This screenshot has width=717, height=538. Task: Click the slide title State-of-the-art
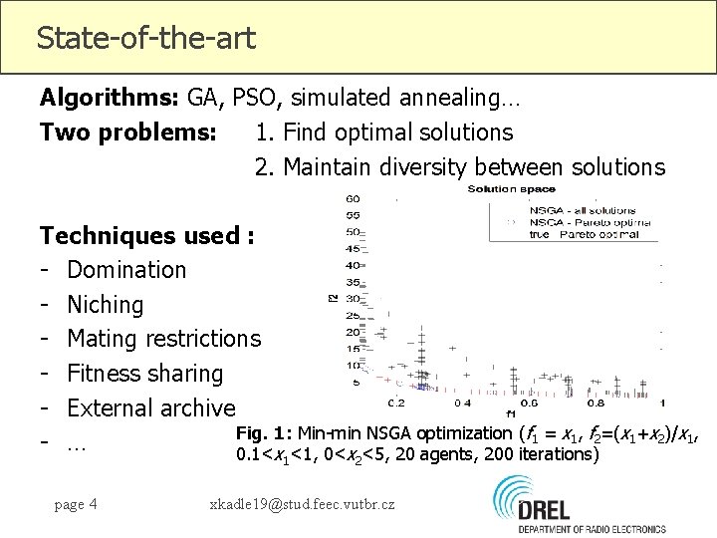coord(145,39)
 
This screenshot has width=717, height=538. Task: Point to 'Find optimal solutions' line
coord(383,133)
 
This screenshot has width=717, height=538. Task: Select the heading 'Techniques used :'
coord(147,236)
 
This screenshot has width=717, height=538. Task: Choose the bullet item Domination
coord(126,270)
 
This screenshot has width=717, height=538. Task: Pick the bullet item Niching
coord(105,305)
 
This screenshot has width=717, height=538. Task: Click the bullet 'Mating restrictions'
coord(163,340)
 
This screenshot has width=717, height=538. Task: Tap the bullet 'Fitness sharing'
coord(144,374)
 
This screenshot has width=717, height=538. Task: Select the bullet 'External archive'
coord(150,408)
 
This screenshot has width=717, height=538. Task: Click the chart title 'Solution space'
coord(512,188)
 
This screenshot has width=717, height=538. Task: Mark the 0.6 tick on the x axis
coord(529,403)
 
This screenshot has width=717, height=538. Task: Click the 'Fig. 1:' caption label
coord(261,433)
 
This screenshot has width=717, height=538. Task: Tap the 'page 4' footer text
coord(76,504)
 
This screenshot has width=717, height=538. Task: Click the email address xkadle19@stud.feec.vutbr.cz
coord(302,504)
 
